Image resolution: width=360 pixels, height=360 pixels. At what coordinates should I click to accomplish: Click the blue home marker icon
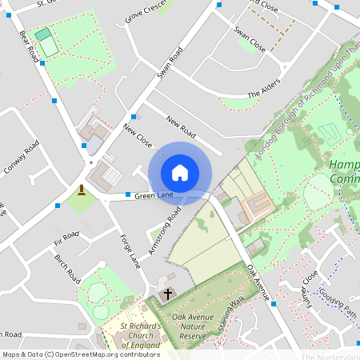point(180,173)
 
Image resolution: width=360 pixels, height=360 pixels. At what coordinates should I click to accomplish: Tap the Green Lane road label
point(154,195)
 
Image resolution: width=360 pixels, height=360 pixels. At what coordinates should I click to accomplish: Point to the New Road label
point(182,126)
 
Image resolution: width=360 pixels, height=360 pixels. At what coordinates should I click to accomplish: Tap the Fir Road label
point(66,238)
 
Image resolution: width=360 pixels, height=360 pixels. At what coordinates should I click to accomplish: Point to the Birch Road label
point(67,270)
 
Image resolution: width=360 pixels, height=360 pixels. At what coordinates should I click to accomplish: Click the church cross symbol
point(168,294)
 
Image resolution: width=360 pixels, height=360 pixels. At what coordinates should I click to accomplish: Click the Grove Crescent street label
point(146,12)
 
